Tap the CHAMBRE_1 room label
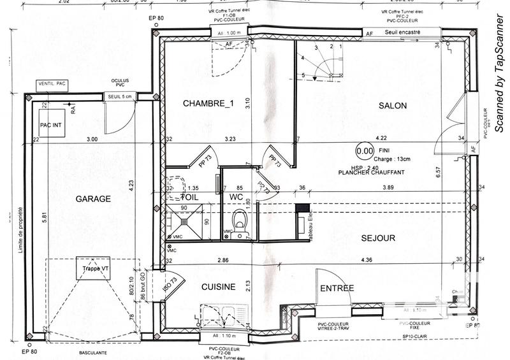tap(205, 103)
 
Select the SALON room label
tap(392, 106)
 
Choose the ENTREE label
tap(337, 288)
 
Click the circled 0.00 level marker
tap(365, 151)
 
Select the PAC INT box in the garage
tap(51, 126)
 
